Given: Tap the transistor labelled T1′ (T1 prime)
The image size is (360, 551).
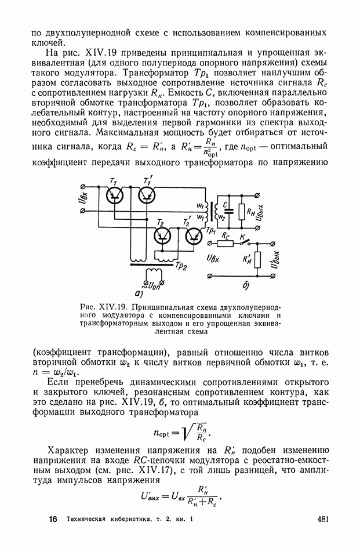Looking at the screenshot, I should tap(148, 195).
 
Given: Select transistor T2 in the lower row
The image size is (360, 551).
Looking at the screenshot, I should tap(163, 235).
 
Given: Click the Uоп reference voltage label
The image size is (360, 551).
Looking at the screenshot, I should tap(156, 284).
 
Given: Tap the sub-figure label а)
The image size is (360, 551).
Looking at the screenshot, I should tap(139, 293).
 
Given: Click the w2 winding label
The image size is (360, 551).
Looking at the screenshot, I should tap(221, 216).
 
